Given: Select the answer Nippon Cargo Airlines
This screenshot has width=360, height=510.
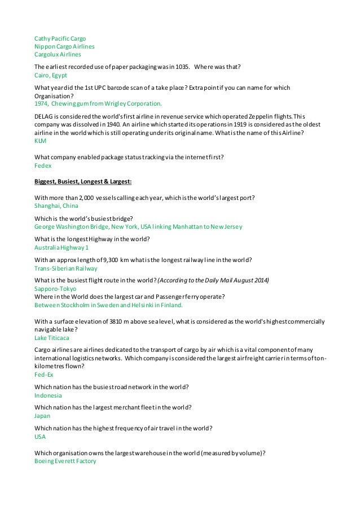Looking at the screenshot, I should coord(64,46).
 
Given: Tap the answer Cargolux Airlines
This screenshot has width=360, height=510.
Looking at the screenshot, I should coord(58,54).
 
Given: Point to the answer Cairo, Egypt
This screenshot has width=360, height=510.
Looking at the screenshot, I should coord(51,75).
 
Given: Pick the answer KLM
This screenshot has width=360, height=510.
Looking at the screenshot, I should coord(41,141).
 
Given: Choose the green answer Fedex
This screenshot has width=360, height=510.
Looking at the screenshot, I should coord(43,166).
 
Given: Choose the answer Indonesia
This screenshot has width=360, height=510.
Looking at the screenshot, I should coord(48,395).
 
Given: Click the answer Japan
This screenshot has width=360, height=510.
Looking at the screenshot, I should coord(42,416).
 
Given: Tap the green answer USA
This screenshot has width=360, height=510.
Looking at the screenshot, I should coord(40,437).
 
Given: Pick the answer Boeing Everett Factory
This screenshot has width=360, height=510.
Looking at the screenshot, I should coord(65,461).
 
